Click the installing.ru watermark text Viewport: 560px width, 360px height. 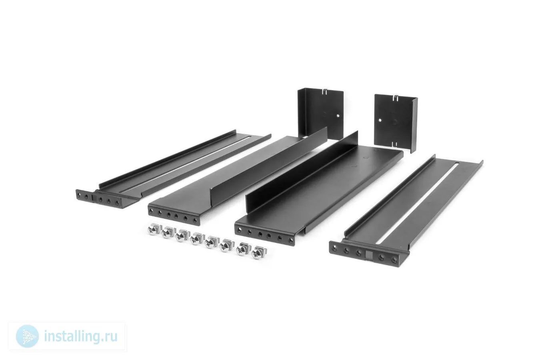point(80,336)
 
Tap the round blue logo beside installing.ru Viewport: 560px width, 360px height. point(27,336)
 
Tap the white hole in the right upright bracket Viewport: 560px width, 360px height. point(380,120)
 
